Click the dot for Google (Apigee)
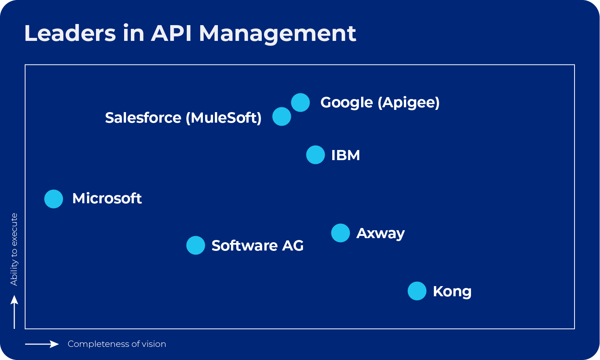300,102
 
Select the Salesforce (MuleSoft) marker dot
282,117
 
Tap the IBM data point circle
315,155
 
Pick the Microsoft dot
54,199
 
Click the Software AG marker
196,245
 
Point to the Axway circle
340,233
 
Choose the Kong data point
417,291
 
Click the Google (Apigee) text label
379,102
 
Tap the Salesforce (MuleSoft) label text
183,118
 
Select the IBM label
345,155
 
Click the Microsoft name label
107,198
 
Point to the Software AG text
257,246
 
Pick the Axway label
380,233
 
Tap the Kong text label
452,291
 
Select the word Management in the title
277,34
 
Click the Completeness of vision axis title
117,344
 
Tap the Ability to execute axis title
14,249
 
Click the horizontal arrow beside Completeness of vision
42,344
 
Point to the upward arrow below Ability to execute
14,312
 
